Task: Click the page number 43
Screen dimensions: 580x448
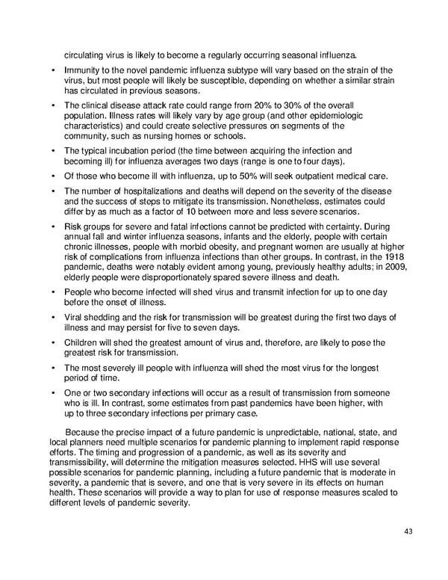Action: [x=408, y=531]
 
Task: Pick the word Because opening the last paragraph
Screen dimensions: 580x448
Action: [x=87, y=431]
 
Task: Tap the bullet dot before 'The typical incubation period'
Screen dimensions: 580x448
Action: [x=54, y=150]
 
